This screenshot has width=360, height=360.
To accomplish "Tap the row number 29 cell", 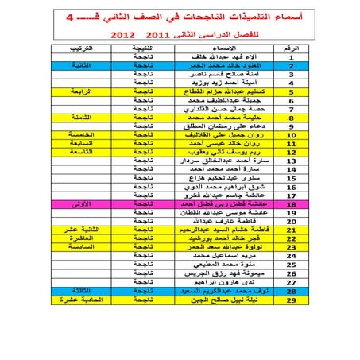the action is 292,323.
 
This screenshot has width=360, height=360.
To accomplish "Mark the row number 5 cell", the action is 292,92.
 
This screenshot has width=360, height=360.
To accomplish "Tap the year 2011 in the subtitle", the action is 155,36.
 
